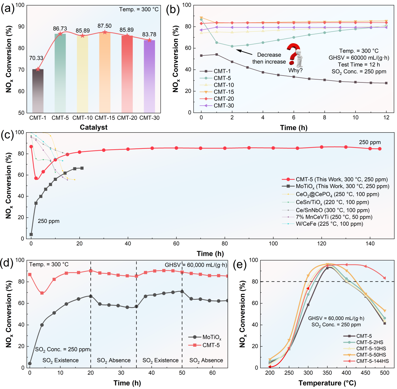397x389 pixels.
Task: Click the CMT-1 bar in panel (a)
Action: pos(38,91)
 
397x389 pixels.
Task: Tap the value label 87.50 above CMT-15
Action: pos(105,26)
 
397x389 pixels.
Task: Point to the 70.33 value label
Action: pos(36,58)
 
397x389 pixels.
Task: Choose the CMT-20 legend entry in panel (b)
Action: pos(217,99)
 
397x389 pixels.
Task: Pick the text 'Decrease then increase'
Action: pos(269,58)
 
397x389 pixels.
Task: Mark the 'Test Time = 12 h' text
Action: pos(359,65)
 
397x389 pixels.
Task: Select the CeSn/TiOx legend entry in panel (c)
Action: pos(326,202)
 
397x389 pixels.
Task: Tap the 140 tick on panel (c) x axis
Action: pos(370,244)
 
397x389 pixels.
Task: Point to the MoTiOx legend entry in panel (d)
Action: pos(205,337)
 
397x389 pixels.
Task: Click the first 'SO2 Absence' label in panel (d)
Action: pos(114,360)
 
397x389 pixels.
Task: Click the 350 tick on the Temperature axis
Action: pos(327,373)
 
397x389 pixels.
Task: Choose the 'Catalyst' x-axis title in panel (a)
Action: pos(94,127)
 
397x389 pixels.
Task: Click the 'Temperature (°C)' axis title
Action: pos(327,383)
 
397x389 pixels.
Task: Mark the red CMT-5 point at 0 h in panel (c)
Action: pos(31,146)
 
